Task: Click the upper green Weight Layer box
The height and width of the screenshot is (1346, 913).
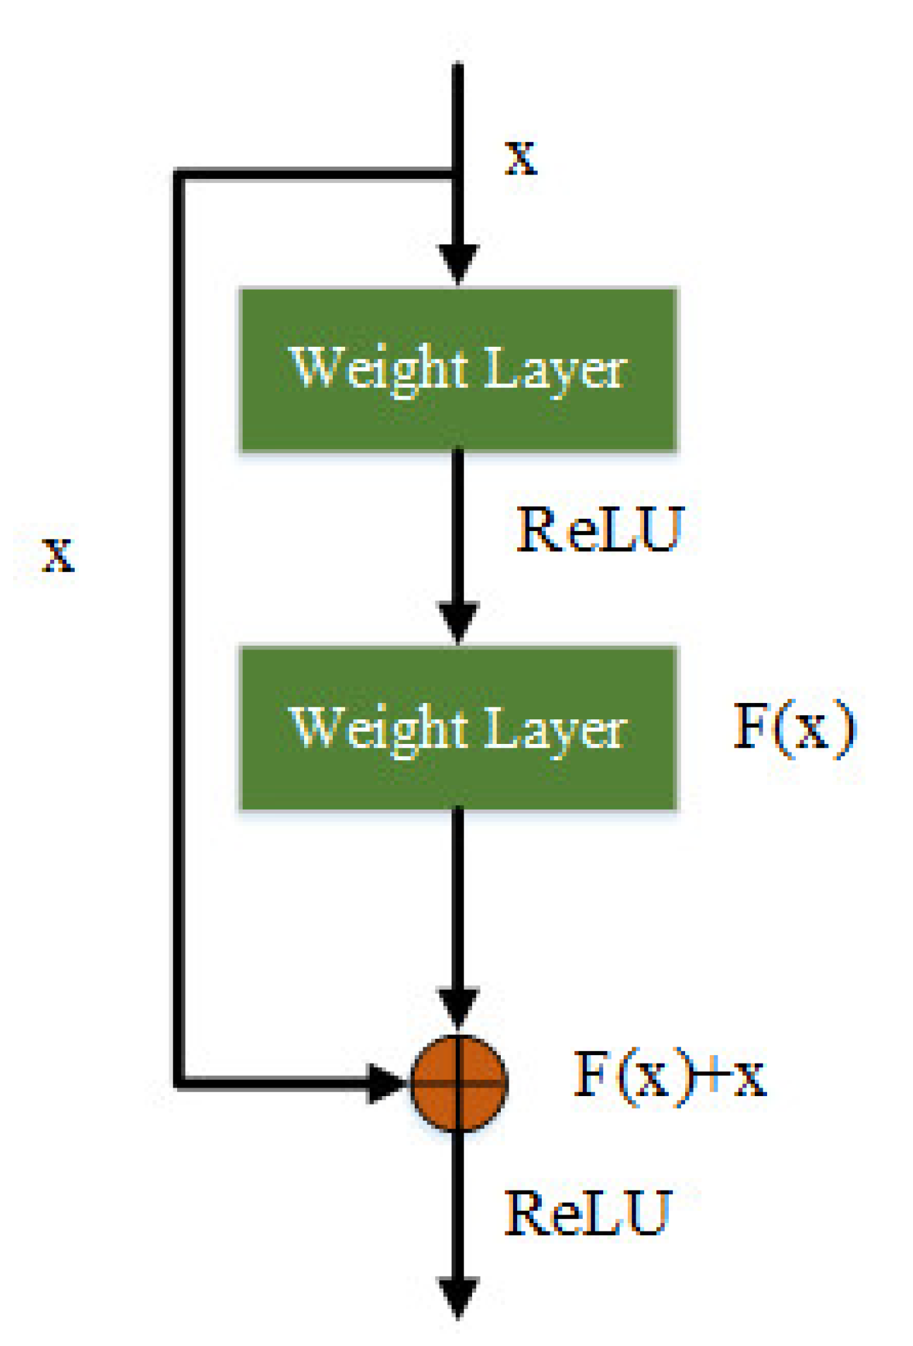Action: point(458,369)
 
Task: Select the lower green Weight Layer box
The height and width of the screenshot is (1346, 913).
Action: point(458,728)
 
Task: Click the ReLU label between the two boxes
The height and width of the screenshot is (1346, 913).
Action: point(600,530)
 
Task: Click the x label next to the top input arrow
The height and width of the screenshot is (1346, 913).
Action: point(521,158)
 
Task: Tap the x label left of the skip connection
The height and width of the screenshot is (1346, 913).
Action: point(58,555)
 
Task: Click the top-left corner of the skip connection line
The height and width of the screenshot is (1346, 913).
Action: point(179,174)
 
